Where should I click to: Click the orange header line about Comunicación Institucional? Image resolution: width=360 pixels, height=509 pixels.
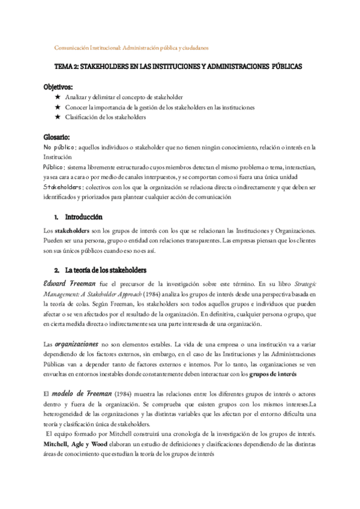(131, 47)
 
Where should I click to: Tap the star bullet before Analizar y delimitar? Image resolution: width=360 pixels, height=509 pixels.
(58, 97)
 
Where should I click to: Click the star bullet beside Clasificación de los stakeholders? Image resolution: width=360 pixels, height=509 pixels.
(58, 118)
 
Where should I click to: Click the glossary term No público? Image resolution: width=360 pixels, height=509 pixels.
(59, 147)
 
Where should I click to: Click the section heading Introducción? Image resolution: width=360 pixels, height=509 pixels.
(83, 217)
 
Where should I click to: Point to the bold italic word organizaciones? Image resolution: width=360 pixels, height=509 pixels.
(76, 345)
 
